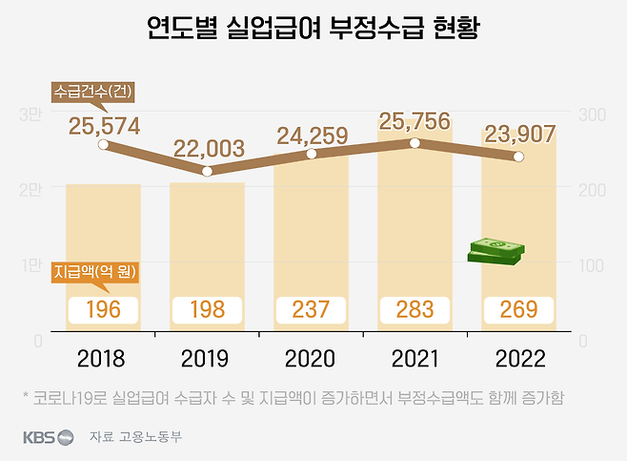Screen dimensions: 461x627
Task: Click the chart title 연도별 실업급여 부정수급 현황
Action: click(313, 29)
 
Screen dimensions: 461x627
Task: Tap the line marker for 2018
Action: click(104, 146)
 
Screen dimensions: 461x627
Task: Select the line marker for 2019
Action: click(208, 171)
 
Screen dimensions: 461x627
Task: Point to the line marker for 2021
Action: click(415, 143)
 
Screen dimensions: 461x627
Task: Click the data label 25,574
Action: click(105, 124)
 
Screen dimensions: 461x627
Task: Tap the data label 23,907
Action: click(520, 135)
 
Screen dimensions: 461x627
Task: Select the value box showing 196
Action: click(104, 310)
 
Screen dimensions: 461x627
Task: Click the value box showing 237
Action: click(311, 310)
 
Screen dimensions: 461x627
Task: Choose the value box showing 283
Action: click(415, 310)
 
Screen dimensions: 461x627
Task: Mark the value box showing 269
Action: click(518, 310)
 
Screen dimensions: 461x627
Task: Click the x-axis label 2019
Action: click(208, 359)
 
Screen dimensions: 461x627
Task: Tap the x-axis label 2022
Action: click(520, 359)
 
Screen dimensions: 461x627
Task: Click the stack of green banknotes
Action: click(496, 251)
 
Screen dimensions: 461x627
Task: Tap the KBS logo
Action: click(48, 437)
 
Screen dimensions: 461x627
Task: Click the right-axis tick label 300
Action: click(593, 115)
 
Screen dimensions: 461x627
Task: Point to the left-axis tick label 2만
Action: click(30, 190)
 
